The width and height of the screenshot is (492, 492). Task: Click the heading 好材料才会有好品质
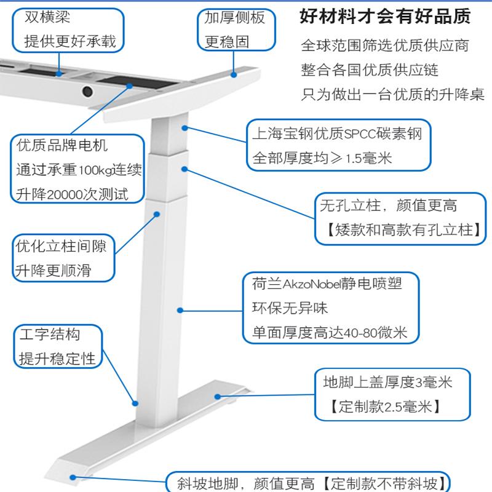click(x=385, y=17)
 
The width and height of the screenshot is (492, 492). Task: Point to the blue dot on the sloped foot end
click(x=73, y=477)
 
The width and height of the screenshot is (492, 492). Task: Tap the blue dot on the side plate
click(x=234, y=74)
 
